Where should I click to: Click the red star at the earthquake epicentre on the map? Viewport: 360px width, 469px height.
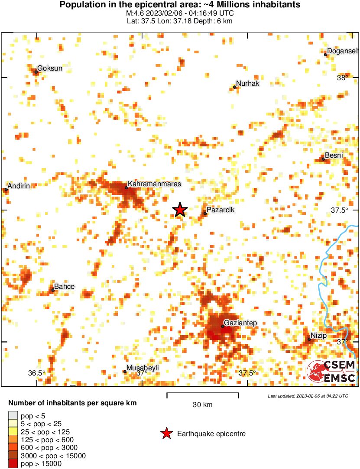tap(180, 210)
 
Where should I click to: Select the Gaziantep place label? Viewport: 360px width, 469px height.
tap(241, 323)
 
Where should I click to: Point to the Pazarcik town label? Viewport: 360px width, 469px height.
tap(221, 210)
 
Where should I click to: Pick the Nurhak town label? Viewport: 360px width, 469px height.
tap(248, 84)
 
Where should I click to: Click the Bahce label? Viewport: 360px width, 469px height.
tap(64, 287)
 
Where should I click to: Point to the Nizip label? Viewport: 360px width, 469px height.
tap(318, 336)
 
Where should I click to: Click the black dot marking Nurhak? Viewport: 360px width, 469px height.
tap(235, 87)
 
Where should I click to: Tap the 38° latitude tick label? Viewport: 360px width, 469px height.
tap(342, 78)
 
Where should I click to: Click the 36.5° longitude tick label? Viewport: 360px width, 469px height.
tap(37, 373)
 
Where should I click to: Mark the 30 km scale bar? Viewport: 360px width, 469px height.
tap(203, 394)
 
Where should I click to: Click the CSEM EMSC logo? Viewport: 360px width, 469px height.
tap(331, 372)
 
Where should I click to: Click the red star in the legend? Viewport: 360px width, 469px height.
tap(166, 433)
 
